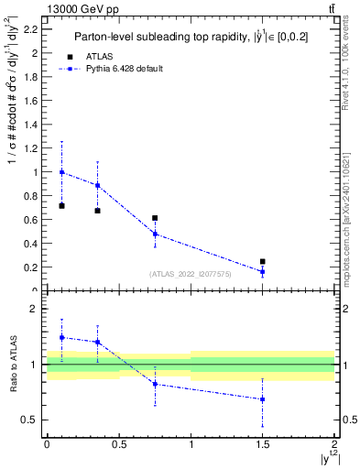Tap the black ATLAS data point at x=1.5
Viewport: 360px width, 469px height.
262,262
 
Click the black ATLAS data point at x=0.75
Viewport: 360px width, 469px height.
155,218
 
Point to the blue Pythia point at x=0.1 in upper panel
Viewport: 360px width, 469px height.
61,172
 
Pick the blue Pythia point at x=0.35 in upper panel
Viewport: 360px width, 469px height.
97,185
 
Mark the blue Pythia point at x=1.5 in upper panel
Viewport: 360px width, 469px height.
262,271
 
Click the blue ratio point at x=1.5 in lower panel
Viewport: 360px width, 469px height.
262,399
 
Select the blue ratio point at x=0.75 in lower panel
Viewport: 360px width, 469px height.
155,384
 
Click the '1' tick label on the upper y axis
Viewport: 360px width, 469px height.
36,172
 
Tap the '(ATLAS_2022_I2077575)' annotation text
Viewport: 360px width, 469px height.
191,273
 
